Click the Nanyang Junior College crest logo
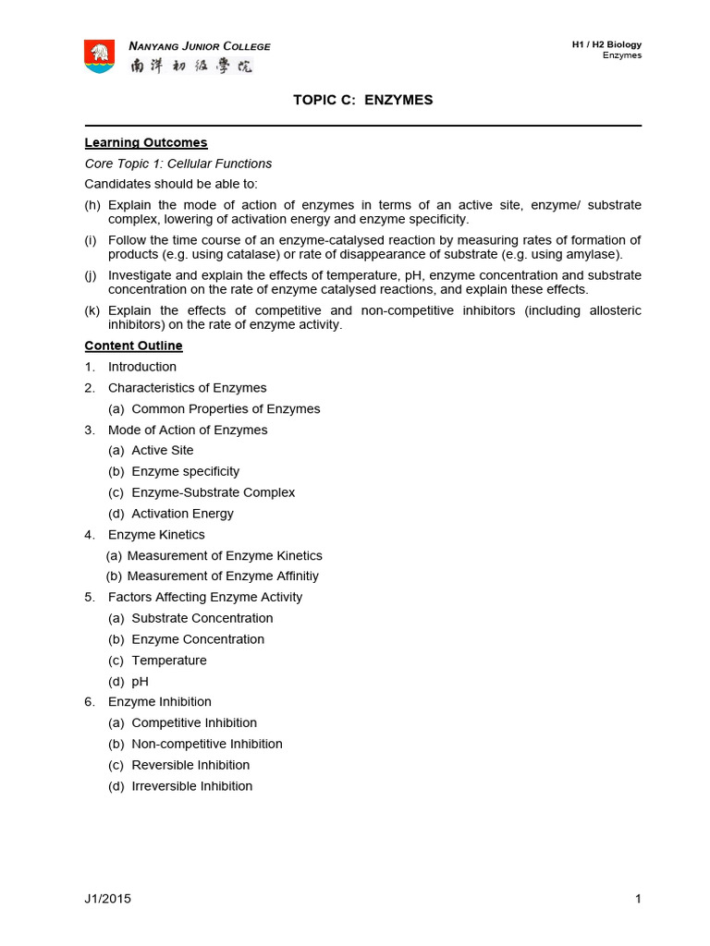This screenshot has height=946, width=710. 100,56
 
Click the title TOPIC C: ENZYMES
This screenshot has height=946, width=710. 362,100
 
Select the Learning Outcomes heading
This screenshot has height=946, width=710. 146,142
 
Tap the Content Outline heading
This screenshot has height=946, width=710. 134,346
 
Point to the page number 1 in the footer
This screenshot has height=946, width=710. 638,899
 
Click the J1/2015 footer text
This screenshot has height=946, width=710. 108,899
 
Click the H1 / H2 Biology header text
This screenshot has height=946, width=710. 606,44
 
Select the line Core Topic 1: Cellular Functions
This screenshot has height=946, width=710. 178,164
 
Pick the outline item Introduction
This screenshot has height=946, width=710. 142,367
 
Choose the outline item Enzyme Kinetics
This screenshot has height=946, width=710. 156,535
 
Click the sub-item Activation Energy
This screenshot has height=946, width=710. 183,514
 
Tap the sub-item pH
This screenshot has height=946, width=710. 141,682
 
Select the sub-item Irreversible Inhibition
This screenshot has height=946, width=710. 192,786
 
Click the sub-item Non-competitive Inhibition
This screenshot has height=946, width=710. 207,744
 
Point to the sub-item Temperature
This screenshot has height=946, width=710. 169,661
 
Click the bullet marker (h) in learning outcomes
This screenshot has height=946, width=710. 92,205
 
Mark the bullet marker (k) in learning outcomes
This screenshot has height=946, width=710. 92,310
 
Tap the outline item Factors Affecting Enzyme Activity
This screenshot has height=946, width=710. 205,597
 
